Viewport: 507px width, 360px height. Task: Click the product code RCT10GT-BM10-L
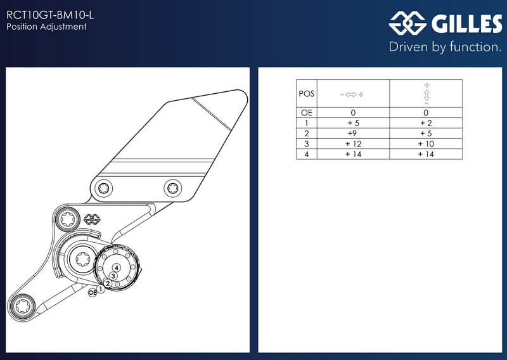coord(50,15)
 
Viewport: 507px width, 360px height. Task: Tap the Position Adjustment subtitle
coord(46,27)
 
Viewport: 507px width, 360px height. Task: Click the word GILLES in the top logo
coord(466,23)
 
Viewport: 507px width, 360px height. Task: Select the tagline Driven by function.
coord(445,47)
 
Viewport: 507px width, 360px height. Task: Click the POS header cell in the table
coord(307,94)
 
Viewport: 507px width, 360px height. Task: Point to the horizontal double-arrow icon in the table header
coord(352,94)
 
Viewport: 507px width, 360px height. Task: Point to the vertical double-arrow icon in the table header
coord(427,94)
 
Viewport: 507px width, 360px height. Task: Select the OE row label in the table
coord(307,113)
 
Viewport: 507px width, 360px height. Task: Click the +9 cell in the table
coord(352,133)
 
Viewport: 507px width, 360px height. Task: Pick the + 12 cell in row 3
coord(353,144)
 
